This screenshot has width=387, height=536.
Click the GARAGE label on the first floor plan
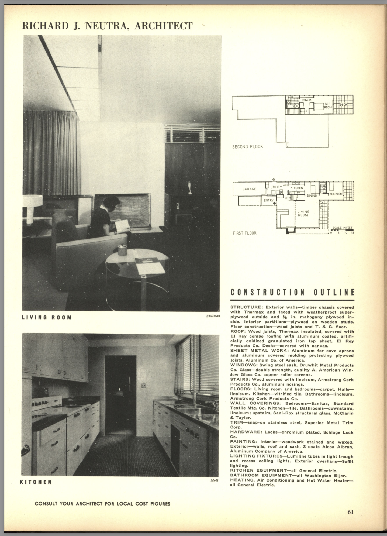pos(249,189)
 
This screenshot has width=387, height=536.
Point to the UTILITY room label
pos(276,187)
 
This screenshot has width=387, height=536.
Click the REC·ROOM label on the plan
pos(336,194)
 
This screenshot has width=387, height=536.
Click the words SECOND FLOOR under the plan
pos(247,147)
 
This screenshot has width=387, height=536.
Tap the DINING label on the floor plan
pos(312,195)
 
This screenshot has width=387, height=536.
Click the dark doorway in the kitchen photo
pos(120,394)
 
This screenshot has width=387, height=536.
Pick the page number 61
pos(350,512)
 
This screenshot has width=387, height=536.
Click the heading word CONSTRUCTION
pos(268,293)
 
